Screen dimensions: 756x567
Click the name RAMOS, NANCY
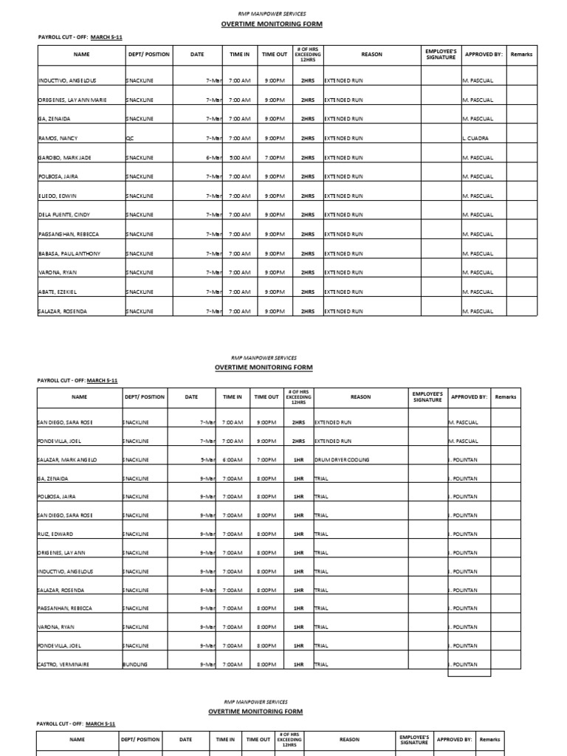tap(53, 138)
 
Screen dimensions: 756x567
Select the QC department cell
tap(130, 138)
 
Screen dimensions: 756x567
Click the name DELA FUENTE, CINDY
tap(63, 215)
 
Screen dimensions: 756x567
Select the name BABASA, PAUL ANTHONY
tap(69, 253)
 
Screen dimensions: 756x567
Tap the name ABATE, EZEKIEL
tap(57, 292)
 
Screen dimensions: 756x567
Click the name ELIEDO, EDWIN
tap(57, 196)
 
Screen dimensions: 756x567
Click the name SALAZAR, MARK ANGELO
tap(67, 460)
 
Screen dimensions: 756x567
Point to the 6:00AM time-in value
tap(233, 460)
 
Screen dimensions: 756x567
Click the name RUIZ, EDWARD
tap(55, 534)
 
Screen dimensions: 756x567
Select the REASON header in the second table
tap(360, 397)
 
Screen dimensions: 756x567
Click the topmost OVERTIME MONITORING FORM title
tap(272, 24)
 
